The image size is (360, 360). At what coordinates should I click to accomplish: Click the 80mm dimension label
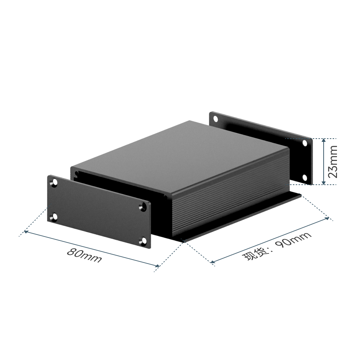pos(84,255)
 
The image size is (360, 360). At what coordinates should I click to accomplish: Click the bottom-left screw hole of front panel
pos(55,217)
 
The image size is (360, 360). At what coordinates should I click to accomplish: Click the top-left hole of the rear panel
pos(216,119)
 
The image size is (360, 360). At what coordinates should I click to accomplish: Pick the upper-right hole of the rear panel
pos(305,143)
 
